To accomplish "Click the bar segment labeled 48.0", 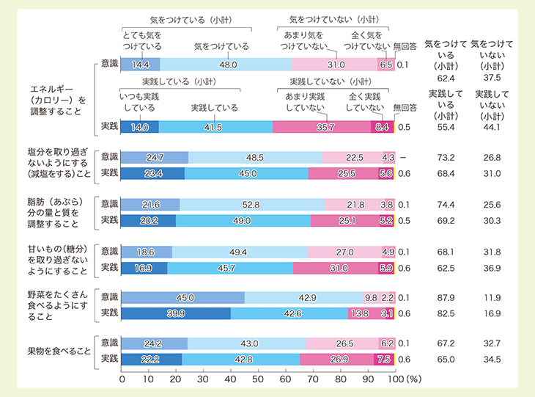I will pos(226,65).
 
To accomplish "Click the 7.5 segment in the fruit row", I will pos(383,359).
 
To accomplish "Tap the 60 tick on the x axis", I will pos(286,380).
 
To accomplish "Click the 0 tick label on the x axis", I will pos(121,380).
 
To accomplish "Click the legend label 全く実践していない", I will pos(365,102).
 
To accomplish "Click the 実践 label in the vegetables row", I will pos(108,313).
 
